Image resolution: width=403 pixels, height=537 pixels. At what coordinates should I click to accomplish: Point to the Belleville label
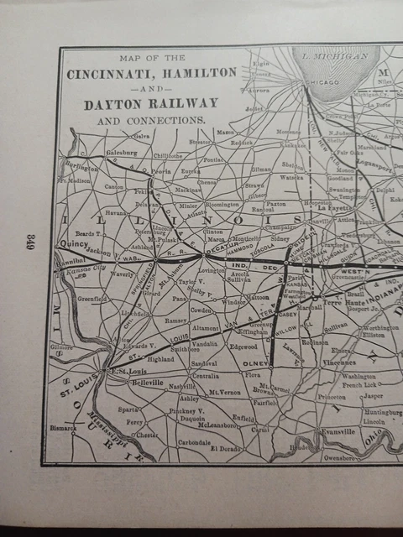point(148,382)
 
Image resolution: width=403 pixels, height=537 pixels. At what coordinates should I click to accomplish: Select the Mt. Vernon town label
point(225,391)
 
